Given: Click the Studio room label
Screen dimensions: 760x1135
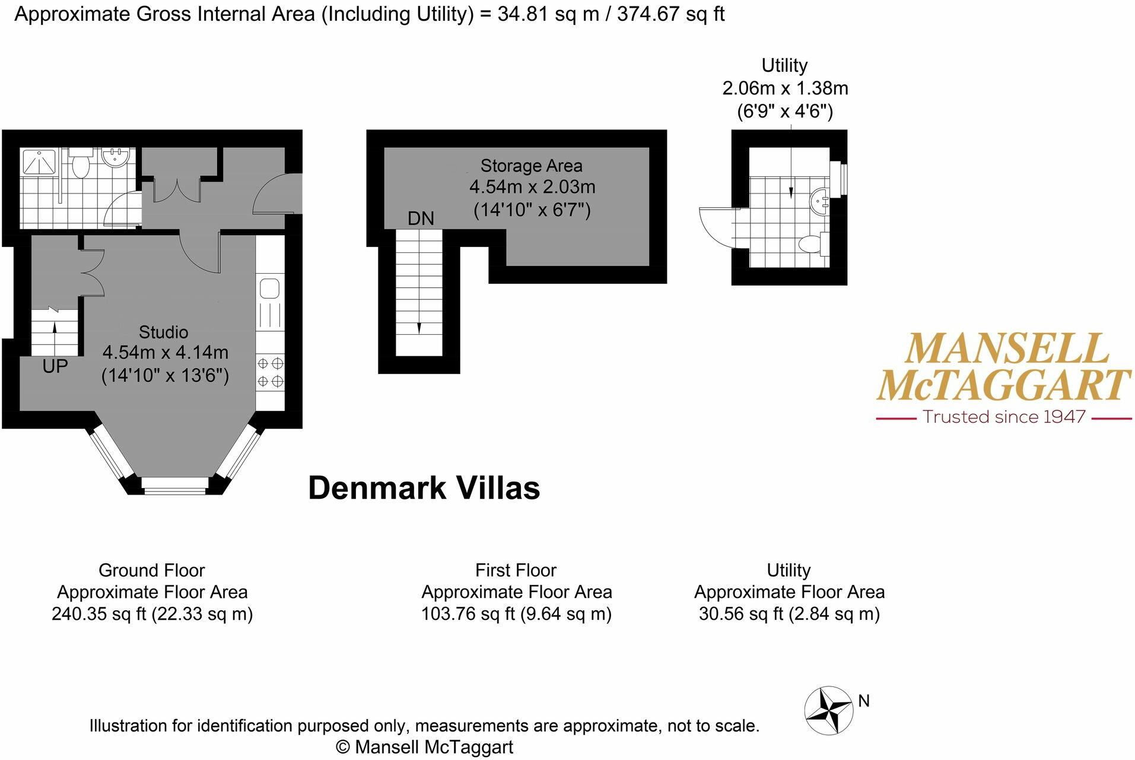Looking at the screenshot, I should (163, 332).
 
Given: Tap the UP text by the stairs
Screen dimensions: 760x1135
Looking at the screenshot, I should (55, 366).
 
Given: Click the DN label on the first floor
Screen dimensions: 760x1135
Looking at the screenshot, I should (421, 218).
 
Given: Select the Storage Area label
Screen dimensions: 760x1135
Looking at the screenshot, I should (531, 166).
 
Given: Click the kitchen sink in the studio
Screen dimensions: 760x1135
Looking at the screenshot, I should (270, 289).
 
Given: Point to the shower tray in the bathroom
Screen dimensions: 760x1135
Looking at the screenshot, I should (39, 162).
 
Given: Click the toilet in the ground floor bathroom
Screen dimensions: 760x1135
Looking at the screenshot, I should (80, 164).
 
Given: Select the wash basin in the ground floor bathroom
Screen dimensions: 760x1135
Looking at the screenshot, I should (115, 158).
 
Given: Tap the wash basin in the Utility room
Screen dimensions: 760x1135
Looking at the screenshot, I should (819, 201).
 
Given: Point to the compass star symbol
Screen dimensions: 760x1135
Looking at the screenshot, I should (829, 711).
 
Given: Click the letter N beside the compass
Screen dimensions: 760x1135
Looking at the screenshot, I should (864, 701).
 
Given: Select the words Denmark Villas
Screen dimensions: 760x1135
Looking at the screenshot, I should (424, 488).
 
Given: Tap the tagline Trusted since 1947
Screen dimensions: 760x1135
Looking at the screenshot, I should (1004, 417).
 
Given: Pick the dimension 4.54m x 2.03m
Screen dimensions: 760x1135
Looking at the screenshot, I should (532, 187).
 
